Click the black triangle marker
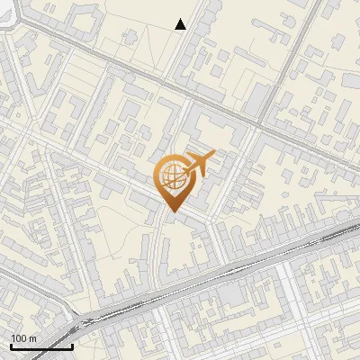[x=181, y=24]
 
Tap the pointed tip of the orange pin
[x=172, y=212]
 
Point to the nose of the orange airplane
[x=213, y=155]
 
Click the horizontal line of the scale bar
[x=41, y=346]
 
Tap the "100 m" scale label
[x=23, y=338]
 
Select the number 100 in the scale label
[x=20, y=338]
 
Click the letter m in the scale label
[x=32, y=338]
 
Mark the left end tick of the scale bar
[x=11, y=344]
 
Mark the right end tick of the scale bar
[x=72, y=344]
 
